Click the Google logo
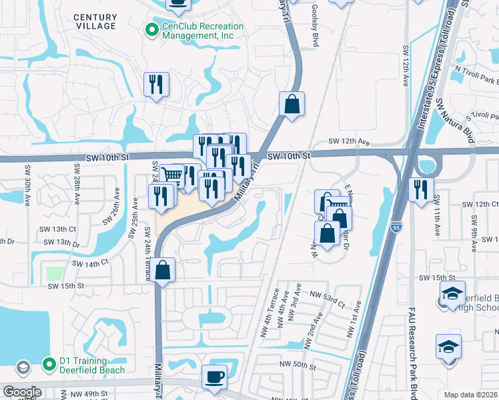coord(22,392)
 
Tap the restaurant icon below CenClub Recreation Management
coord(156,85)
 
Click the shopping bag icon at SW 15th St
coord(163,270)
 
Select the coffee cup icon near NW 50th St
coord(214,377)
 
